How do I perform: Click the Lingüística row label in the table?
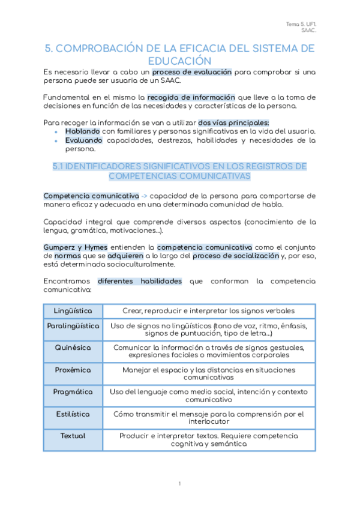73,311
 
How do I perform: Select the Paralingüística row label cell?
73,325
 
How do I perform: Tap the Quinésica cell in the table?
73,348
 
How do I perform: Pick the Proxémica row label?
73,370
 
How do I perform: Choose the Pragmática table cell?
73,391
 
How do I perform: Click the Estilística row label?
73,414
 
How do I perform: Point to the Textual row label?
73,436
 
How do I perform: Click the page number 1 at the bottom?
179,484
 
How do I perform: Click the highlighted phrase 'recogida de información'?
184,97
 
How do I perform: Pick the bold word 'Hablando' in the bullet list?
83,131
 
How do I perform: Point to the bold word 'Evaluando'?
83,140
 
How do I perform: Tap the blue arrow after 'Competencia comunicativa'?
144,196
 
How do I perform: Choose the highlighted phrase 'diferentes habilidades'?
140,281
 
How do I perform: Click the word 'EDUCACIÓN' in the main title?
179,61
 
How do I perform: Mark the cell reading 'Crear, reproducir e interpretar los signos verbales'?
209,311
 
